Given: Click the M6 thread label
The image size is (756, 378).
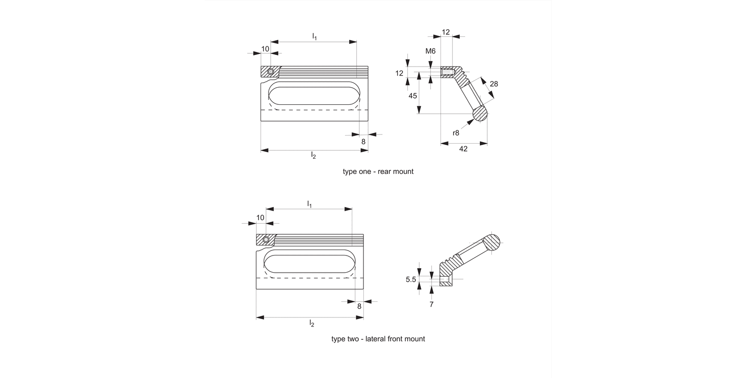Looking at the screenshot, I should (x=430, y=51).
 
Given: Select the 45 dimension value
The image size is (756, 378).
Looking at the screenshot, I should (x=413, y=96).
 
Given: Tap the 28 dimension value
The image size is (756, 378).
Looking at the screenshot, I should (x=493, y=84).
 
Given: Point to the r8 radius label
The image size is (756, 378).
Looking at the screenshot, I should (x=456, y=133).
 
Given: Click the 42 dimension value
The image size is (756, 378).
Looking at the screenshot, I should (x=464, y=149).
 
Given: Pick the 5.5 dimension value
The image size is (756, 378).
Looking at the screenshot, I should (x=411, y=278).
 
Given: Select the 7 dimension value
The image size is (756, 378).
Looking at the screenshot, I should (x=431, y=304).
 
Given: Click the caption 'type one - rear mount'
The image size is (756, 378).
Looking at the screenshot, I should (x=378, y=171).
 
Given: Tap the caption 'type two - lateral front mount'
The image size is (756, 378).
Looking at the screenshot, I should (x=378, y=339).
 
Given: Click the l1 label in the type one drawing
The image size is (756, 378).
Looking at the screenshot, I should (x=314, y=36).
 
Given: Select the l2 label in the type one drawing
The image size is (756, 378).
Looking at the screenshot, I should (x=313, y=155).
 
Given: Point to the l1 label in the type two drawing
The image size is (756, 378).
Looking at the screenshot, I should (x=309, y=204).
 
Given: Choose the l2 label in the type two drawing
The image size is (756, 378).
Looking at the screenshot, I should (x=311, y=323).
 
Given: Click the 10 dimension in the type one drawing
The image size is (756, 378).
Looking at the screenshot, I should (x=265, y=49).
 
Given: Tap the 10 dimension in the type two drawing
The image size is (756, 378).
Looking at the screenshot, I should (x=260, y=218).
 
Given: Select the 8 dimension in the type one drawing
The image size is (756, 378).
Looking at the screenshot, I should (x=363, y=142).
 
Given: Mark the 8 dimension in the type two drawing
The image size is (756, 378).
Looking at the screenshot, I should (x=359, y=306).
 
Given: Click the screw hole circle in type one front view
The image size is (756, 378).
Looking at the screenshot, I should (x=271, y=72).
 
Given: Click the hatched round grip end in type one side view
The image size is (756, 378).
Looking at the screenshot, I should (x=481, y=113).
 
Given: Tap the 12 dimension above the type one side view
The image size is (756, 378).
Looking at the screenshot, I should (x=446, y=32).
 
